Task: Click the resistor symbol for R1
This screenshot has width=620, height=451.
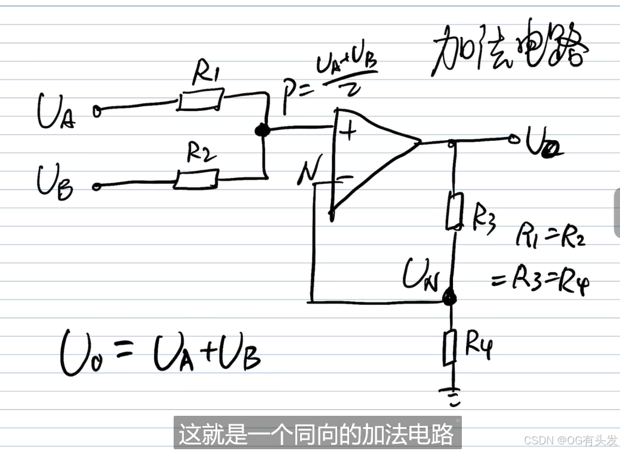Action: click(x=201, y=100)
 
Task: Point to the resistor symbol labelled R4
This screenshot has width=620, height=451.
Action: click(x=450, y=348)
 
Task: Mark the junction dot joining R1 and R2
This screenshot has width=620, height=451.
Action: click(x=260, y=130)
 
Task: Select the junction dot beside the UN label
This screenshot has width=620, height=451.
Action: click(x=451, y=296)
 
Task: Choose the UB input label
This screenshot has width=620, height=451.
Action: click(x=55, y=180)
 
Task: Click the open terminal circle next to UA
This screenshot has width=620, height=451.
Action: click(x=97, y=110)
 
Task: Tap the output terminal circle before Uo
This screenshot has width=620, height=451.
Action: click(x=513, y=140)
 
